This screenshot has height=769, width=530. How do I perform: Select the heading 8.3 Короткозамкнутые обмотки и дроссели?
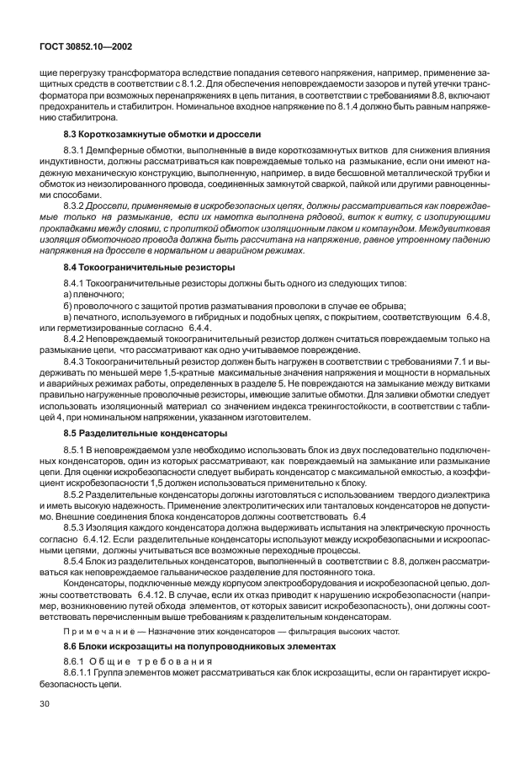click(x=162, y=135)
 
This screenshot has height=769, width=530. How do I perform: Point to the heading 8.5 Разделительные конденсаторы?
click(x=146, y=431)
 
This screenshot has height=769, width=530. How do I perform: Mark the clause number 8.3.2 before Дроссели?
click(x=77, y=206)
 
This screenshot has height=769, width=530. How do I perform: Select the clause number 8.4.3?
click(x=77, y=382)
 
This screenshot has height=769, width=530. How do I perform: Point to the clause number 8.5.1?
click(x=77, y=448)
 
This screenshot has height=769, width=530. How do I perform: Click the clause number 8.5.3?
click(x=77, y=525)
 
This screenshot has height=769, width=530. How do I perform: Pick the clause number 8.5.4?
click(x=77, y=558)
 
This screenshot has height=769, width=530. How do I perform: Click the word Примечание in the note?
click(x=95, y=631)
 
